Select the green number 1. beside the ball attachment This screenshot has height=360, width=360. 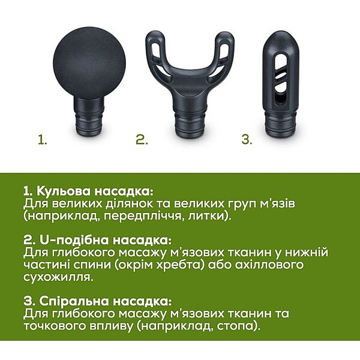[43, 140]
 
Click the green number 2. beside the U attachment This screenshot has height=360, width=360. [142, 140]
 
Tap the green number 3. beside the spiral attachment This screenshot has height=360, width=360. [247, 140]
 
